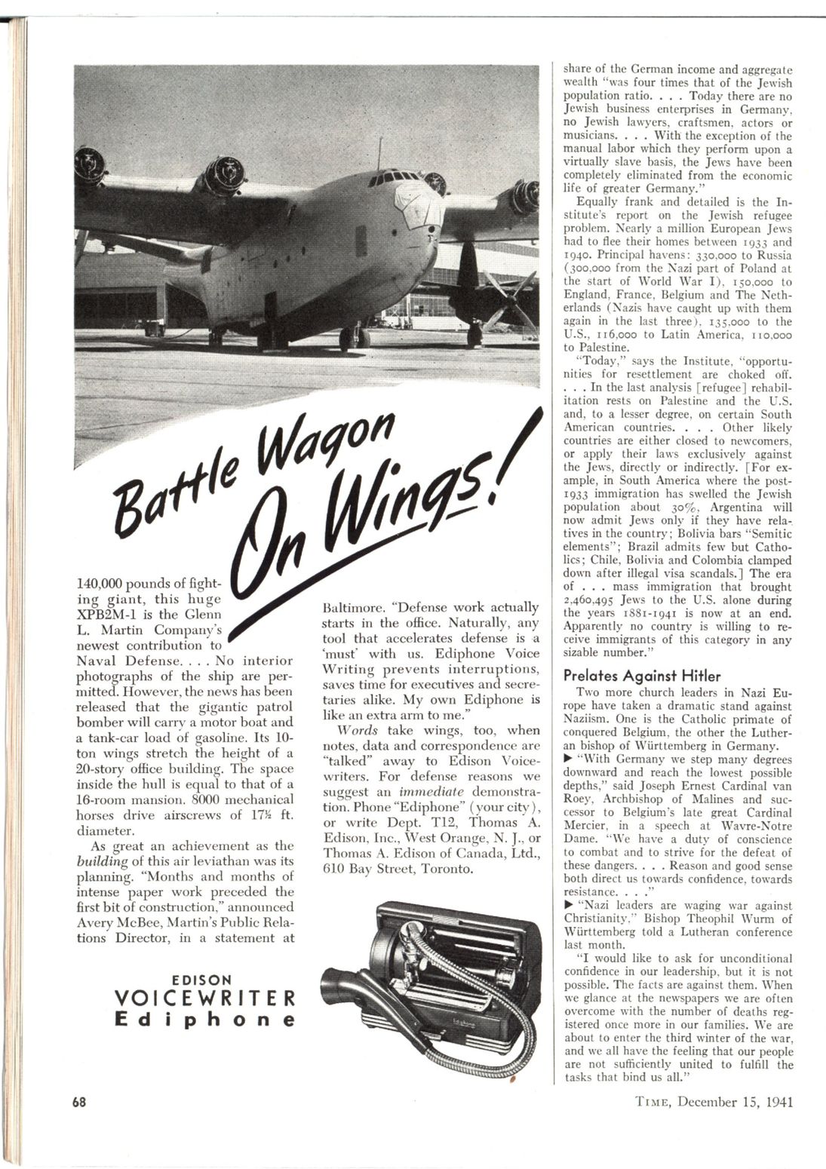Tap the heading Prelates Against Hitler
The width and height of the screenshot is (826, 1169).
(642, 675)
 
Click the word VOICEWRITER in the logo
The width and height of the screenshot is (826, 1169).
(201, 999)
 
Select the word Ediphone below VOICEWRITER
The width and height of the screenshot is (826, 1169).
(201, 1020)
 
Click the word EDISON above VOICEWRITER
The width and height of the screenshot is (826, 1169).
(201, 980)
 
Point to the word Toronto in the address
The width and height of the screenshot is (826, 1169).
(448, 868)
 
